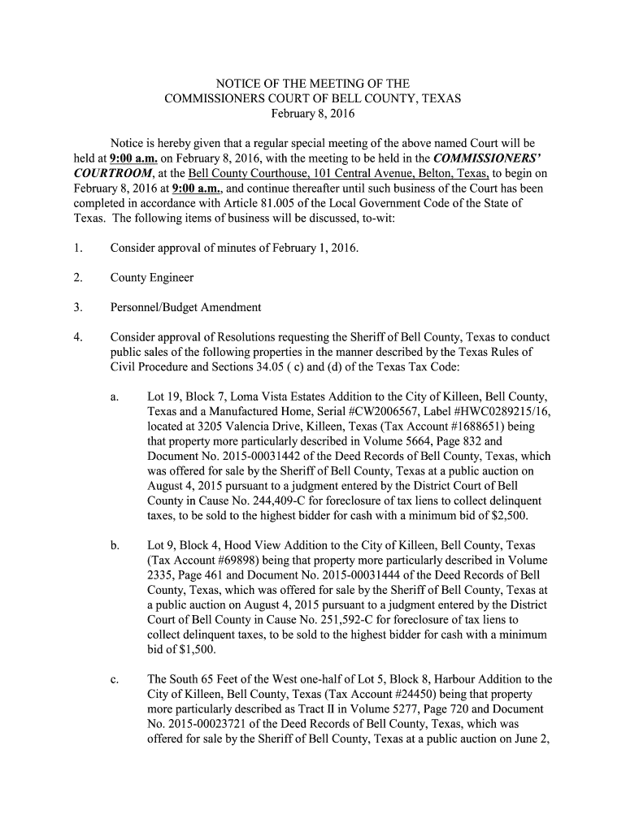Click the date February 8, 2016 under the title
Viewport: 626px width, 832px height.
[313, 115]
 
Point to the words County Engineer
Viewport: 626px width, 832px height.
[152, 278]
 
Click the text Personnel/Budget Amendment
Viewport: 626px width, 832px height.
[186, 307]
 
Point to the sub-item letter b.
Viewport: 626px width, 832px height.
[115, 544]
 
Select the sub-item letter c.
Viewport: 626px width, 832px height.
[115, 679]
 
